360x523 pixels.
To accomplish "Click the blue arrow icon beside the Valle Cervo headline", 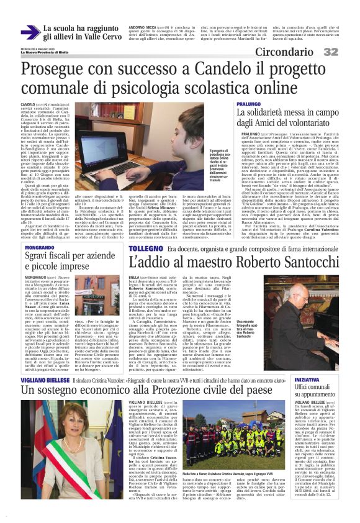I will tap(30, 32).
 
